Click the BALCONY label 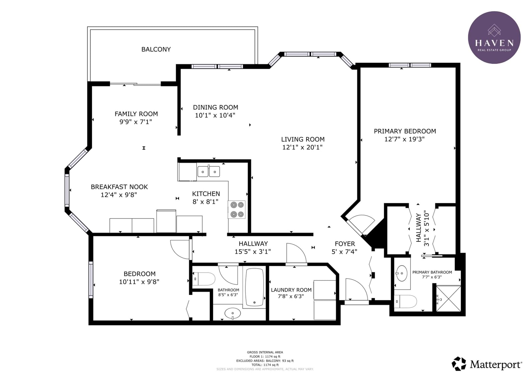pyautogui.click(x=156, y=50)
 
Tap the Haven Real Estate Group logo pyautogui.click(x=494, y=38)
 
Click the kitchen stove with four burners pyautogui.click(x=236, y=210)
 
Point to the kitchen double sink pyautogui.click(x=208, y=172)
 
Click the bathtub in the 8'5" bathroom pyautogui.click(x=254, y=287)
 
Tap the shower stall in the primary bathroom pyautogui.click(x=449, y=299)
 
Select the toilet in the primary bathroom pyautogui.click(x=405, y=302)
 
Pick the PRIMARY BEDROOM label pyautogui.click(x=405, y=131)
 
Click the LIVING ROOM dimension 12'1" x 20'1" pyautogui.click(x=302, y=147)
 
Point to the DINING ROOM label pyautogui.click(x=215, y=107)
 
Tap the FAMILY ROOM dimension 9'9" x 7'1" pyautogui.click(x=136, y=122)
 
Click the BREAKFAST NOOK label pyautogui.click(x=119, y=187)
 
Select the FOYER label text pyautogui.click(x=345, y=244)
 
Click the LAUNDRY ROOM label pyautogui.click(x=291, y=290)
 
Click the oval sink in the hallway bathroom pyautogui.click(x=232, y=313)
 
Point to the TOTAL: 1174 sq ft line pyautogui.click(x=265, y=365)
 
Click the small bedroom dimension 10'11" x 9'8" pyautogui.click(x=139, y=282)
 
